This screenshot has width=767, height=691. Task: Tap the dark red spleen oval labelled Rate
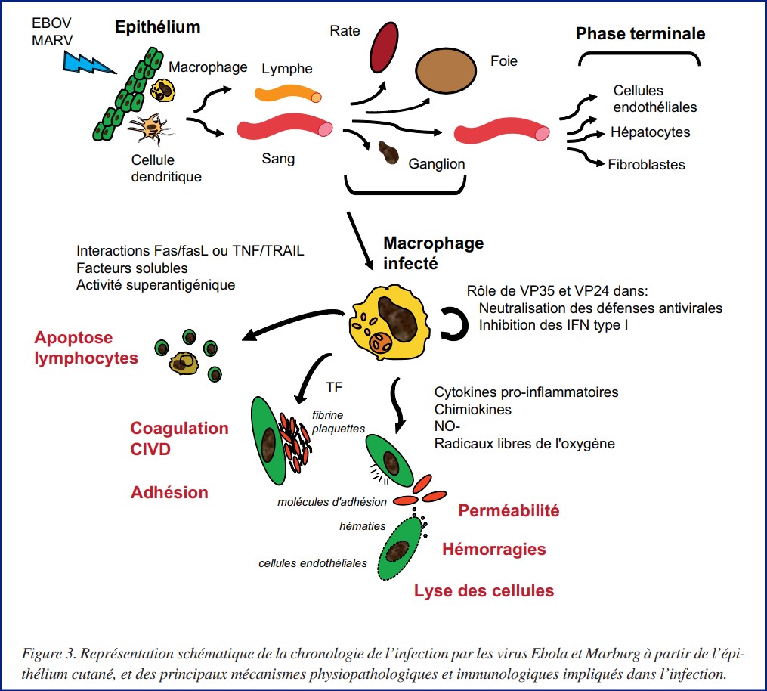pos(384,46)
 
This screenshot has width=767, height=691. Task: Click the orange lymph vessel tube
pos(287,94)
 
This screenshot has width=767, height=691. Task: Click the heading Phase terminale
pos(640,34)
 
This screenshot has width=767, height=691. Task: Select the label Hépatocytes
pos(651,132)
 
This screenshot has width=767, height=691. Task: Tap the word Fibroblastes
pos(646,164)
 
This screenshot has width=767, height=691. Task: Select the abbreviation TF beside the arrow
pos(333,387)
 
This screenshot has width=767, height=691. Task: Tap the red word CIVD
pos(151,450)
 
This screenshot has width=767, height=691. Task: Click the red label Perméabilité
pos(509,511)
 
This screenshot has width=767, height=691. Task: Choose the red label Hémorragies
pos(493,549)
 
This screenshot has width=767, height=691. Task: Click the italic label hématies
pos(363,525)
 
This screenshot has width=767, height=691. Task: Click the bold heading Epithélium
pos(157,27)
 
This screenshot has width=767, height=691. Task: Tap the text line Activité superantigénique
pos(156,284)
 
